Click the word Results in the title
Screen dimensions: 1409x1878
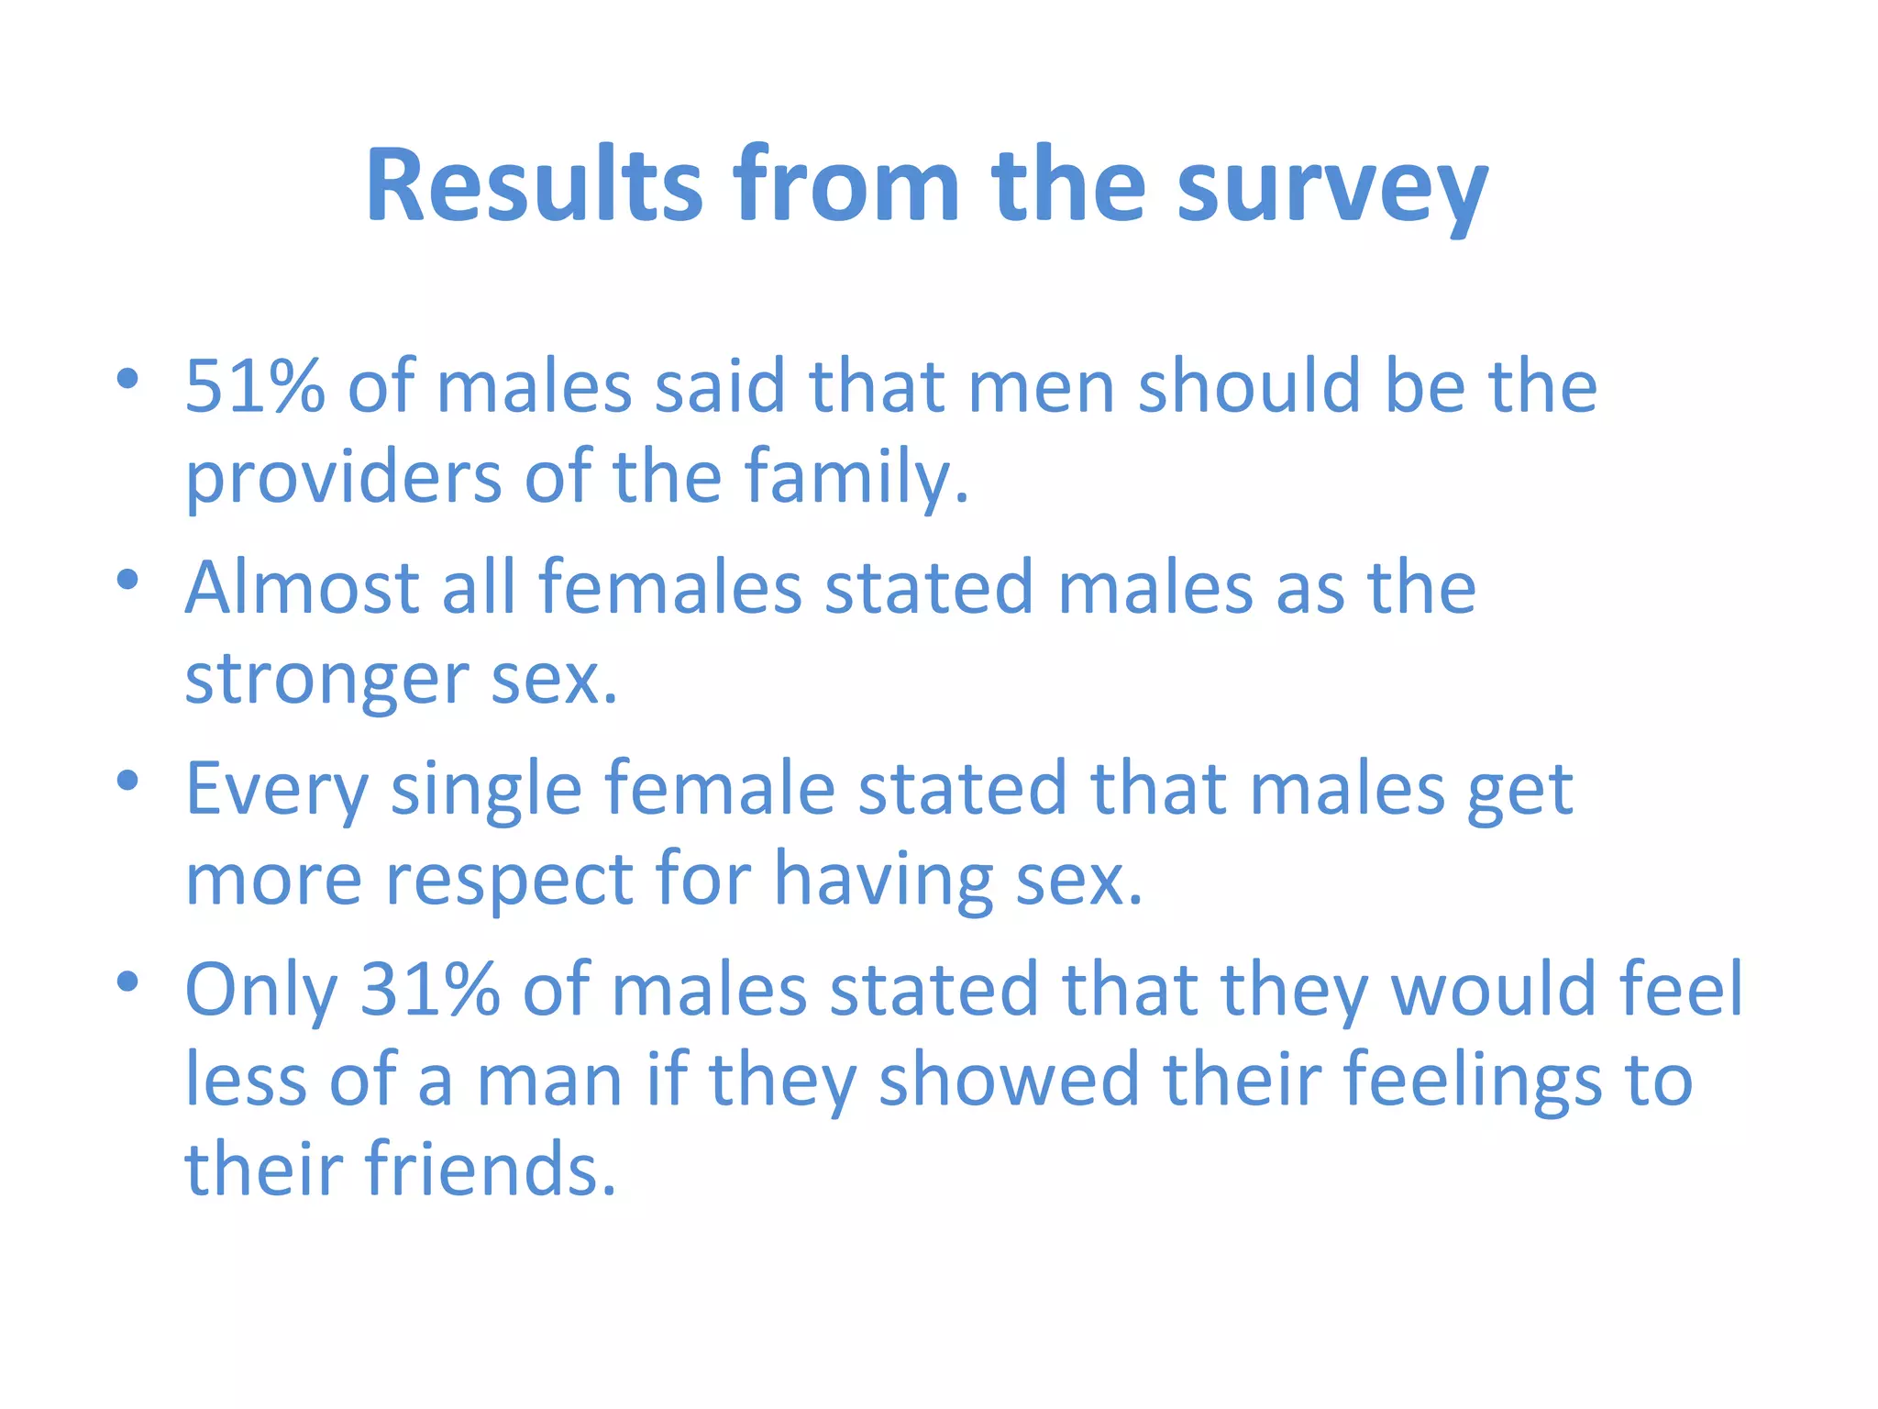[x=534, y=185]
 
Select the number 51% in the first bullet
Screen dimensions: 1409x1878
[x=255, y=386]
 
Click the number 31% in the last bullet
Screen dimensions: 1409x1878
[x=430, y=990]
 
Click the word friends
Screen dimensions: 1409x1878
[x=491, y=1169]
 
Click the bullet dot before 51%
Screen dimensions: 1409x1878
[x=127, y=378]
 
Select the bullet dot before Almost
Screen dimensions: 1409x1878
[x=127, y=579]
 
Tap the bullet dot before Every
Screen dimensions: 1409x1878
[x=127, y=781]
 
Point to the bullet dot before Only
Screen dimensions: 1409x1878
[x=127, y=982]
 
